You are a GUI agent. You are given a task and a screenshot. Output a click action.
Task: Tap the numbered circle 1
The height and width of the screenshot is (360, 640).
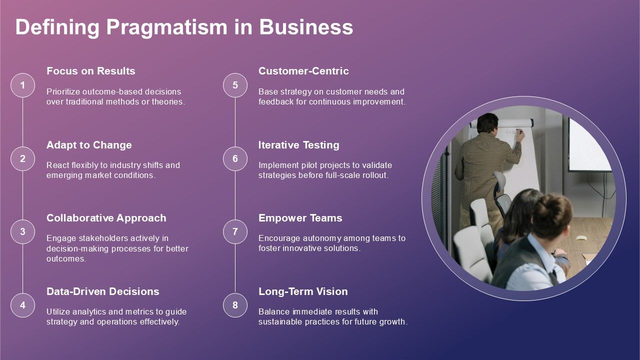pyautogui.click(x=22, y=85)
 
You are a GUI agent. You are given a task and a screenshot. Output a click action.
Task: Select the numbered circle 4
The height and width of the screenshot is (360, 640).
pyautogui.click(x=22, y=305)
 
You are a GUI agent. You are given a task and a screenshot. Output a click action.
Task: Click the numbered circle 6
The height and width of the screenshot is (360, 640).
pyautogui.click(x=235, y=158)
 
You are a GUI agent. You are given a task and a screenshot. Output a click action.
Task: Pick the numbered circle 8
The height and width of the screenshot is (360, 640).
pyautogui.click(x=235, y=305)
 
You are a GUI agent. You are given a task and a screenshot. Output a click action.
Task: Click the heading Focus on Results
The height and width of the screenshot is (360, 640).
pyautogui.click(x=91, y=71)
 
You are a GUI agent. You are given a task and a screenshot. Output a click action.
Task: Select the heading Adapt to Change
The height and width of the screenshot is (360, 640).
pyautogui.click(x=89, y=145)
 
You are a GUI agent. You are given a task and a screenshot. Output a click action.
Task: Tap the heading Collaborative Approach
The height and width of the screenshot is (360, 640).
pyautogui.click(x=106, y=218)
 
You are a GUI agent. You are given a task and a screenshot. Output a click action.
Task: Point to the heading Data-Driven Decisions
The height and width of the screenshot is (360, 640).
pyautogui.click(x=103, y=291)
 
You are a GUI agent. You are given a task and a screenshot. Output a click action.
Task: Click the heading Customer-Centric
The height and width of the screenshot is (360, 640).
pyautogui.click(x=303, y=71)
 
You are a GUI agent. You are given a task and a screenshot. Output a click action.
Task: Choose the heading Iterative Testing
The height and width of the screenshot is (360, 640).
pyautogui.click(x=299, y=145)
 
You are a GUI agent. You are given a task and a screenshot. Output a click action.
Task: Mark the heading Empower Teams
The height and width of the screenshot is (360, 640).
pyautogui.click(x=300, y=218)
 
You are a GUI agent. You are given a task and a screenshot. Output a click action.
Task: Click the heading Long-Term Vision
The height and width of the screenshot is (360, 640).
pyautogui.click(x=303, y=291)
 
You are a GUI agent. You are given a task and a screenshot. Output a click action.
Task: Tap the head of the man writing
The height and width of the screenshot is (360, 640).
pyautogui.click(x=487, y=122)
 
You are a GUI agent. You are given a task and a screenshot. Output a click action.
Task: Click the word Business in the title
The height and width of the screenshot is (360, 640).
pyautogui.click(x=306, y=27)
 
